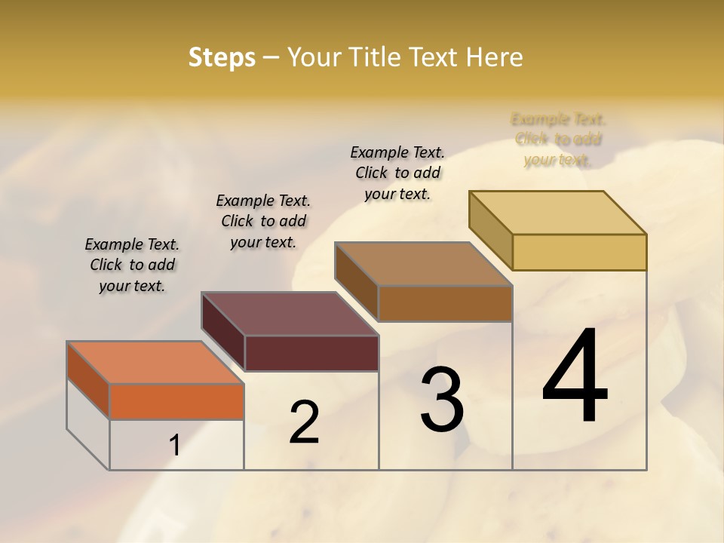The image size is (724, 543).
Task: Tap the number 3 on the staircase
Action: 441,400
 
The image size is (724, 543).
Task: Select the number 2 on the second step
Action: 304,422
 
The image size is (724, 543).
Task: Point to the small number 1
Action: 174,446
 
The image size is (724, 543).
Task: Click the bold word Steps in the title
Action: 222,57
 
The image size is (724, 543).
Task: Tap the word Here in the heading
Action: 495,57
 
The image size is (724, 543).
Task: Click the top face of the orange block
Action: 155,363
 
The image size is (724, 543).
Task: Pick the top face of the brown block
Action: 423,264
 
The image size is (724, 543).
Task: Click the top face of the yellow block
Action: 557,213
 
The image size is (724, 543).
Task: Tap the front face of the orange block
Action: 176,401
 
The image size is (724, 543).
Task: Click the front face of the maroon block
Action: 311,353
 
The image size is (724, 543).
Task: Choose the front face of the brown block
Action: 445,303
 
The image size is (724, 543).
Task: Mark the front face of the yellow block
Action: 579,252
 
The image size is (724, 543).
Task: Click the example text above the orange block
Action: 132,265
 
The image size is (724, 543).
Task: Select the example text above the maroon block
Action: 263,221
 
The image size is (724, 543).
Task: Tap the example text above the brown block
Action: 397,173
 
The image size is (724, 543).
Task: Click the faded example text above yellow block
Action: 558,140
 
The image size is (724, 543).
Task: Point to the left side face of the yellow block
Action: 490,230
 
